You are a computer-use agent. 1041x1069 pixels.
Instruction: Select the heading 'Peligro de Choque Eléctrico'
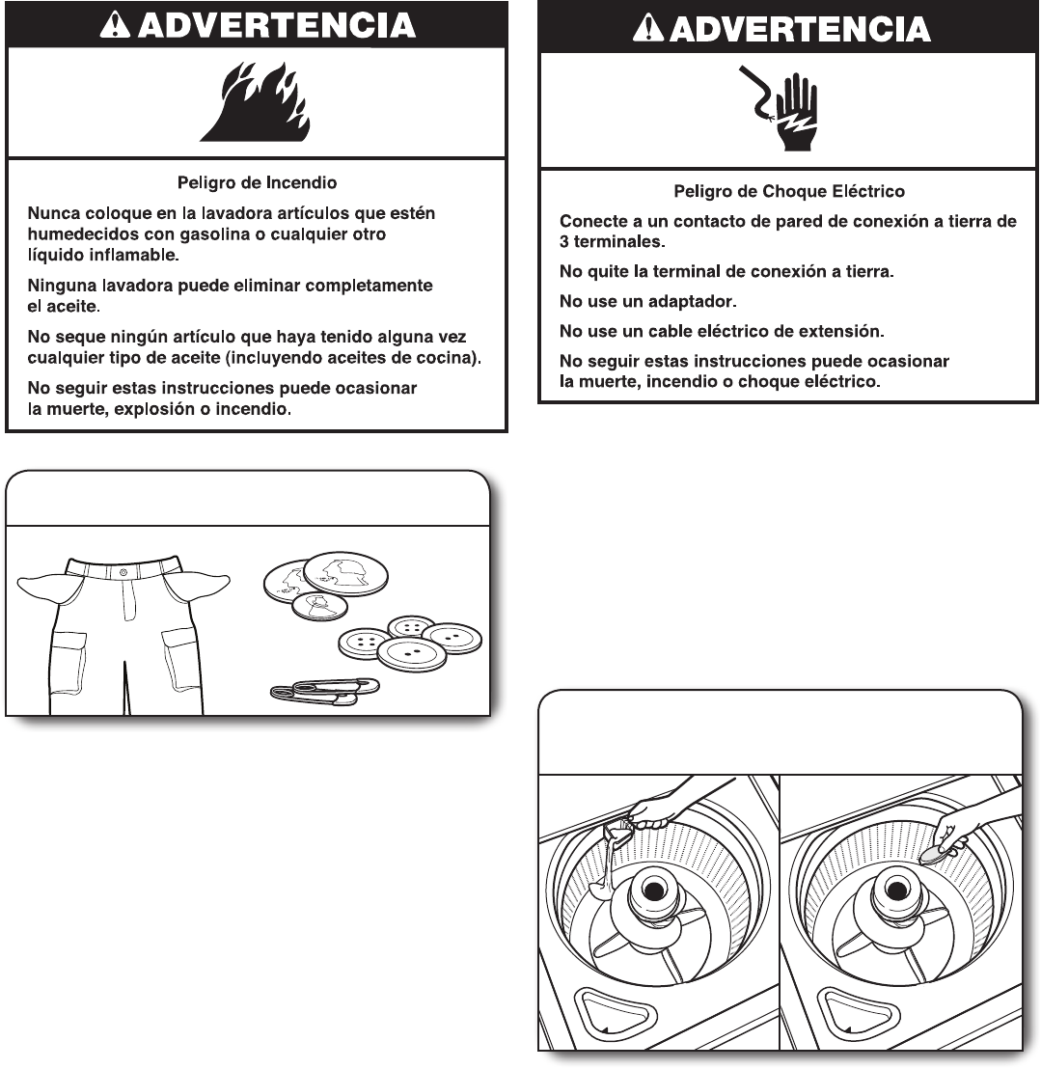click(788, 192)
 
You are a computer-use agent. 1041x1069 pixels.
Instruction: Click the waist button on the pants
click(123, 573)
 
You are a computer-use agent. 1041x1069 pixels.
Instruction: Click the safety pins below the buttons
click(325, 690)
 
